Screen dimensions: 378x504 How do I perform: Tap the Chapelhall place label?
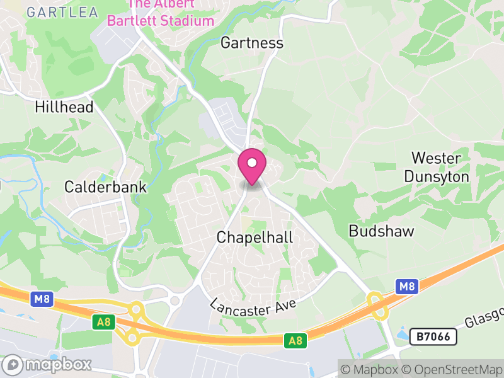tap(255, 238)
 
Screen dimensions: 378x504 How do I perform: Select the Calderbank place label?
tap(105, 187)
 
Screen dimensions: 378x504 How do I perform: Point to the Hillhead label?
tap(64, 107)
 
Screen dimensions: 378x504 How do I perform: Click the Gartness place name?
tap(252, 43)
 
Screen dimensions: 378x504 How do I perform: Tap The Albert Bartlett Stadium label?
tap(161, 14)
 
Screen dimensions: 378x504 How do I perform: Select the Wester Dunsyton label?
tap(437, 167)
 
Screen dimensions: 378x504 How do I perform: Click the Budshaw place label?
tap(382, 231)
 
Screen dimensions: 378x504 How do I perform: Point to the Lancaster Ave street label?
tap(254, 300)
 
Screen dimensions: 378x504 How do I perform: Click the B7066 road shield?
tap(433, 336)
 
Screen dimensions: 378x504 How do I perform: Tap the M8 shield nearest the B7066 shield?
tap(408, 287)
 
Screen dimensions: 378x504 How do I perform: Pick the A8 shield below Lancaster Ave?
tap(294, 340)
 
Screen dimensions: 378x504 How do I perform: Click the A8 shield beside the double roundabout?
tap(103, 322)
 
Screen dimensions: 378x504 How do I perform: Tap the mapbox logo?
tap(48, 364)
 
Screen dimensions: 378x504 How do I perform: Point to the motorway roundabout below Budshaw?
tap(378, 305)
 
